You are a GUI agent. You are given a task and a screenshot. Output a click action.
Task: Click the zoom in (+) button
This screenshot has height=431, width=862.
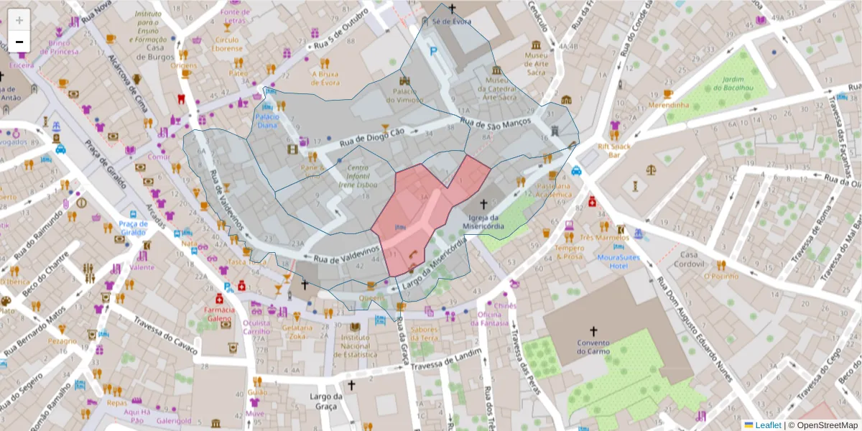19,20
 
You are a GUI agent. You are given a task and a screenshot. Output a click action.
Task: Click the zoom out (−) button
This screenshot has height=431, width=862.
19,42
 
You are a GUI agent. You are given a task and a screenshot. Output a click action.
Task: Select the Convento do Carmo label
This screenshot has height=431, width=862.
593,347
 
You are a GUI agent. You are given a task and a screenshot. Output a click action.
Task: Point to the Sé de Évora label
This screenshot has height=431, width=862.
452,22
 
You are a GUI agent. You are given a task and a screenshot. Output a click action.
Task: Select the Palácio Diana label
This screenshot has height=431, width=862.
267,121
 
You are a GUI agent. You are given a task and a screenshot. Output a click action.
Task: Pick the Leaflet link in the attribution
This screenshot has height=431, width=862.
767,425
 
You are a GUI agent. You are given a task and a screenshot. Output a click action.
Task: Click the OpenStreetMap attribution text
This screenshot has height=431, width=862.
822,425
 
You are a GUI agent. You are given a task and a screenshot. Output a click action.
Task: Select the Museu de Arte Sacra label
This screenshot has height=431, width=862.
537,64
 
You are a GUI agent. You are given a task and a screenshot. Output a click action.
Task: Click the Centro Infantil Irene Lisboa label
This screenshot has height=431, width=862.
358,176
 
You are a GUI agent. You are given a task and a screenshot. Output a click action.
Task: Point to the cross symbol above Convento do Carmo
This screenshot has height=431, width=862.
593,331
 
